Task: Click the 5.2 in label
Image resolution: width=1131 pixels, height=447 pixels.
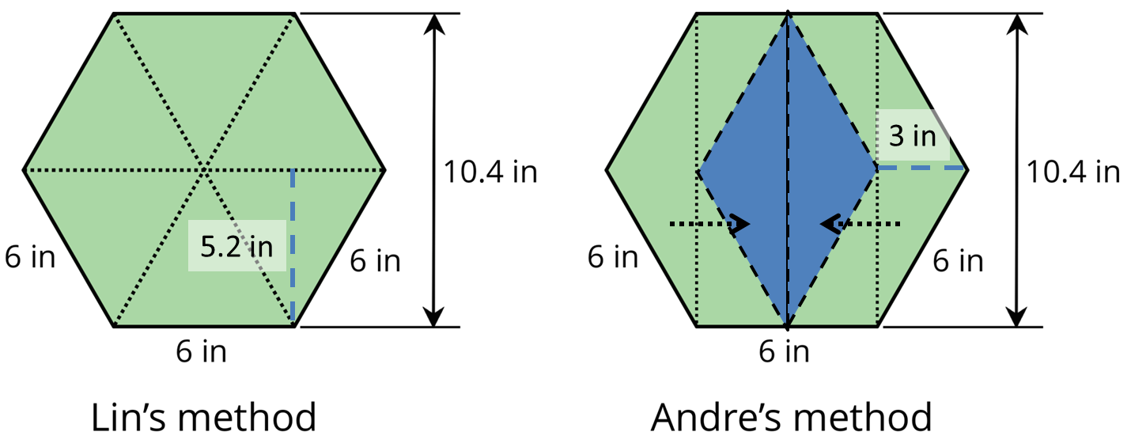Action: (x=236, y=246)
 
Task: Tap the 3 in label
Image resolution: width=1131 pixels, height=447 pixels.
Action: (x=912, y=136)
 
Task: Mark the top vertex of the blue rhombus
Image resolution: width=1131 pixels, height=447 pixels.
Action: (x=788, y=17)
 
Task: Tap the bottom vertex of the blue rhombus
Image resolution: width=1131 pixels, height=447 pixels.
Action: (x=788, y=324)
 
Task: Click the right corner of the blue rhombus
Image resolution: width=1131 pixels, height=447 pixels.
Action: (x=877, y=169)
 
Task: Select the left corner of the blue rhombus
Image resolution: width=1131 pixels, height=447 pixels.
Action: (x=698, y=169)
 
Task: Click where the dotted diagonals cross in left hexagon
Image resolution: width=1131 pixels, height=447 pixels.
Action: (x=205, y=169)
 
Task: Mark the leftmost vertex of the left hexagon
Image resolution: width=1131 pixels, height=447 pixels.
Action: (x=25, y=169)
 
